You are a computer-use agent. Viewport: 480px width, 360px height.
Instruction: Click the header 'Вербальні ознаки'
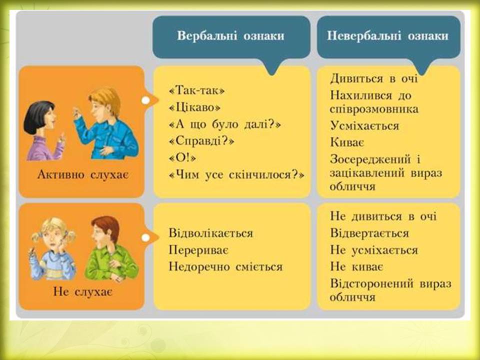pyautogui.click(x=230, y=36)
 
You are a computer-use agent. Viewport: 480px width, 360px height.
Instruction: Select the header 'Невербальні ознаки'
pyautogui.click(x=387, y=36)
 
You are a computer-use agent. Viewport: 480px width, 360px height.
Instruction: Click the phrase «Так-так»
pyautogui.click(x=197, y=90)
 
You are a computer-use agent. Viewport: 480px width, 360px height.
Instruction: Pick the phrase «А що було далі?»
pyautogui.click(x=225, y=124)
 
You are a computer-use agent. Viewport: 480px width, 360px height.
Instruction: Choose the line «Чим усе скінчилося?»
pyautogui.click(x=237, y=175)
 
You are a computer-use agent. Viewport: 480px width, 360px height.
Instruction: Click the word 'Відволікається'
pyautogui.click(x=210, y=233)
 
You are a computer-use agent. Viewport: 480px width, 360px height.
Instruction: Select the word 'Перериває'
pyautogui.click(x=194, y=250)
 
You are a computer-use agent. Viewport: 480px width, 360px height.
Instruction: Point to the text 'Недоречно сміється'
pyautogui.click(x=225, y=267)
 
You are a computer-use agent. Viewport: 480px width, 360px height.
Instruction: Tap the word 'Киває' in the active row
pyautogui.click(x=346, y=142)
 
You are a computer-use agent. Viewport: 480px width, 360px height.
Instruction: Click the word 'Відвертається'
pyautogui.click(x=369, y=233)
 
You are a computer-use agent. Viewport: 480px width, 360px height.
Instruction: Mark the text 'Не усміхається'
pyautogui.click(x=373, y=250)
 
